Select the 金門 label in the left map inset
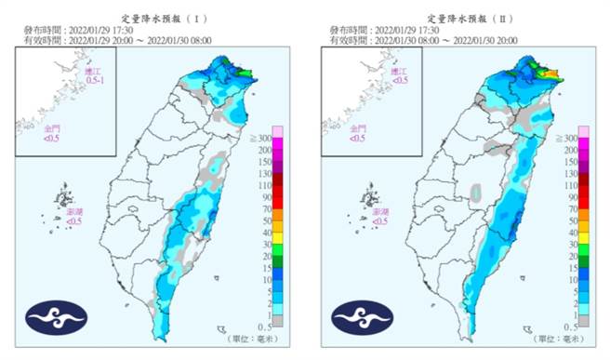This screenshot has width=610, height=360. pos(55,130)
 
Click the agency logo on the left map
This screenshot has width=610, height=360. pos(57,317)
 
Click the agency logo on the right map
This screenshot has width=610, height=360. pos(362,317)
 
